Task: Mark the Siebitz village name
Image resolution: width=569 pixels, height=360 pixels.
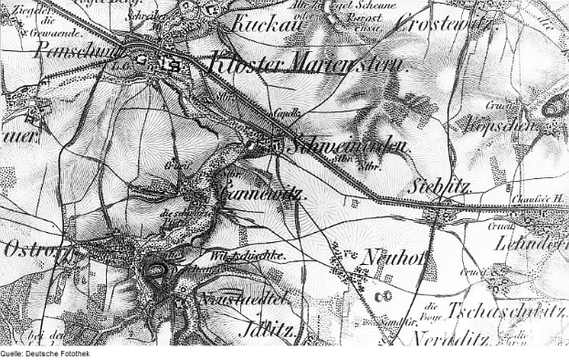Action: click(443, 184)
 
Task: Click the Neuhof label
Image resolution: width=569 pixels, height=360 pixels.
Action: click(395, 259)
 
